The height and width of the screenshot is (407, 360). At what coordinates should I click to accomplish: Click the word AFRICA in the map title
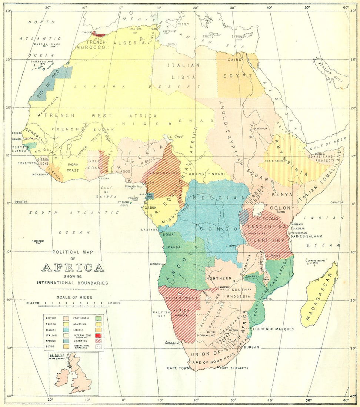click(73, 268)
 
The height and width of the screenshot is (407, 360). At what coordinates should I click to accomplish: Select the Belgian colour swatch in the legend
click(67, 330)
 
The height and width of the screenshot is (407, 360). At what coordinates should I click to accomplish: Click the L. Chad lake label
click(176, 136)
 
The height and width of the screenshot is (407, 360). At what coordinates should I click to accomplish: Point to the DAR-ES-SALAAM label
click(306, 236)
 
